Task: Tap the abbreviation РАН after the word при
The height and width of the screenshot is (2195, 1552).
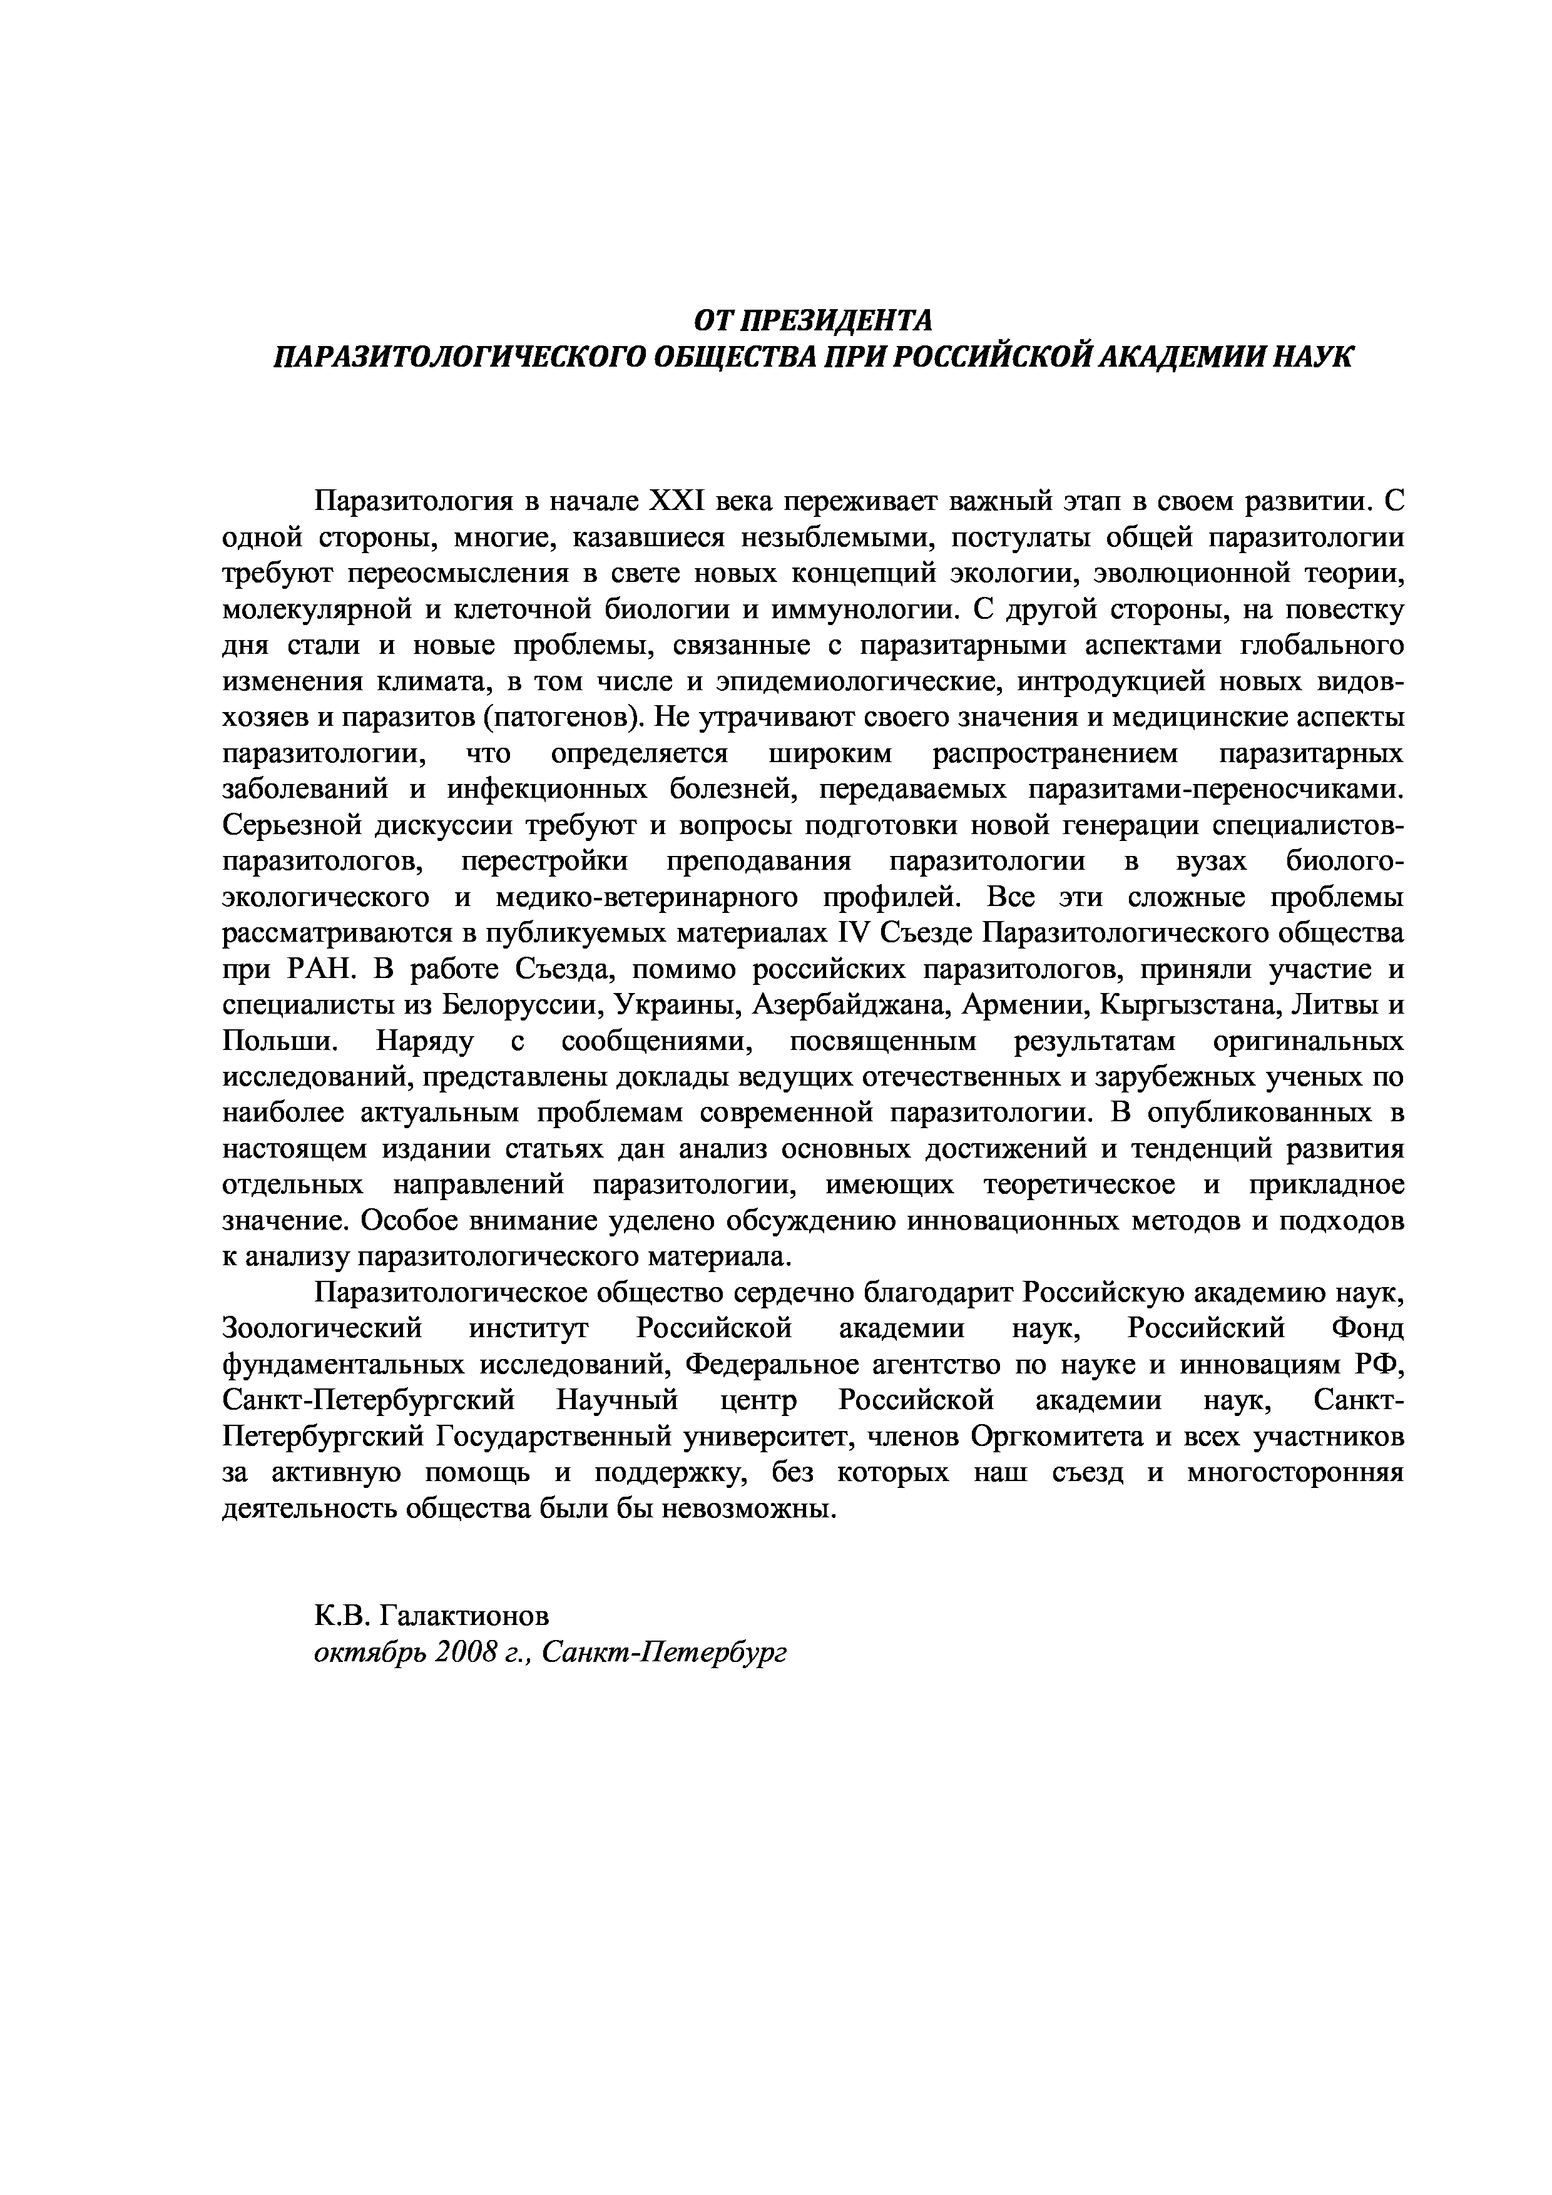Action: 320,969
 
